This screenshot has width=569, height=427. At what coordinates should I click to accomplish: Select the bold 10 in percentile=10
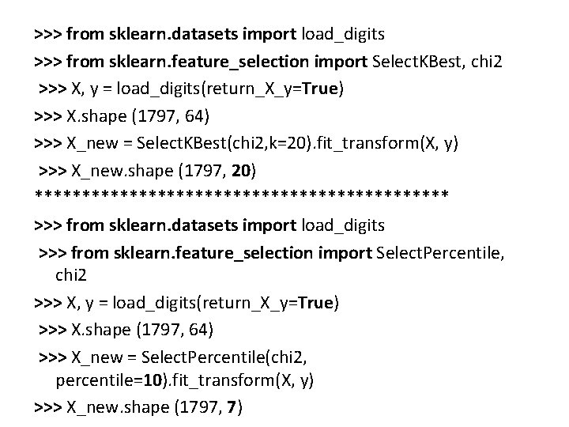coord(151,380)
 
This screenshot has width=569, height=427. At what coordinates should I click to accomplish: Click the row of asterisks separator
coord(242,195)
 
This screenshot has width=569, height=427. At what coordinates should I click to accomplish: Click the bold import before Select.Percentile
coord(345,253)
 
